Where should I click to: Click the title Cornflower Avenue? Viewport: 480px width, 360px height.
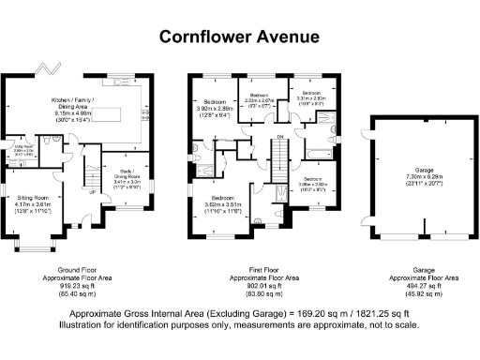click(x=239, y=37)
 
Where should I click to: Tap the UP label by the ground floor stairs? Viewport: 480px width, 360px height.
click(x=93, y=191)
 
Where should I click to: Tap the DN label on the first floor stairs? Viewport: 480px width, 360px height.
click(x=279, y=138)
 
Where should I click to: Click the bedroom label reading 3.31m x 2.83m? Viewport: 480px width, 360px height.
click(x=310, y=97)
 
